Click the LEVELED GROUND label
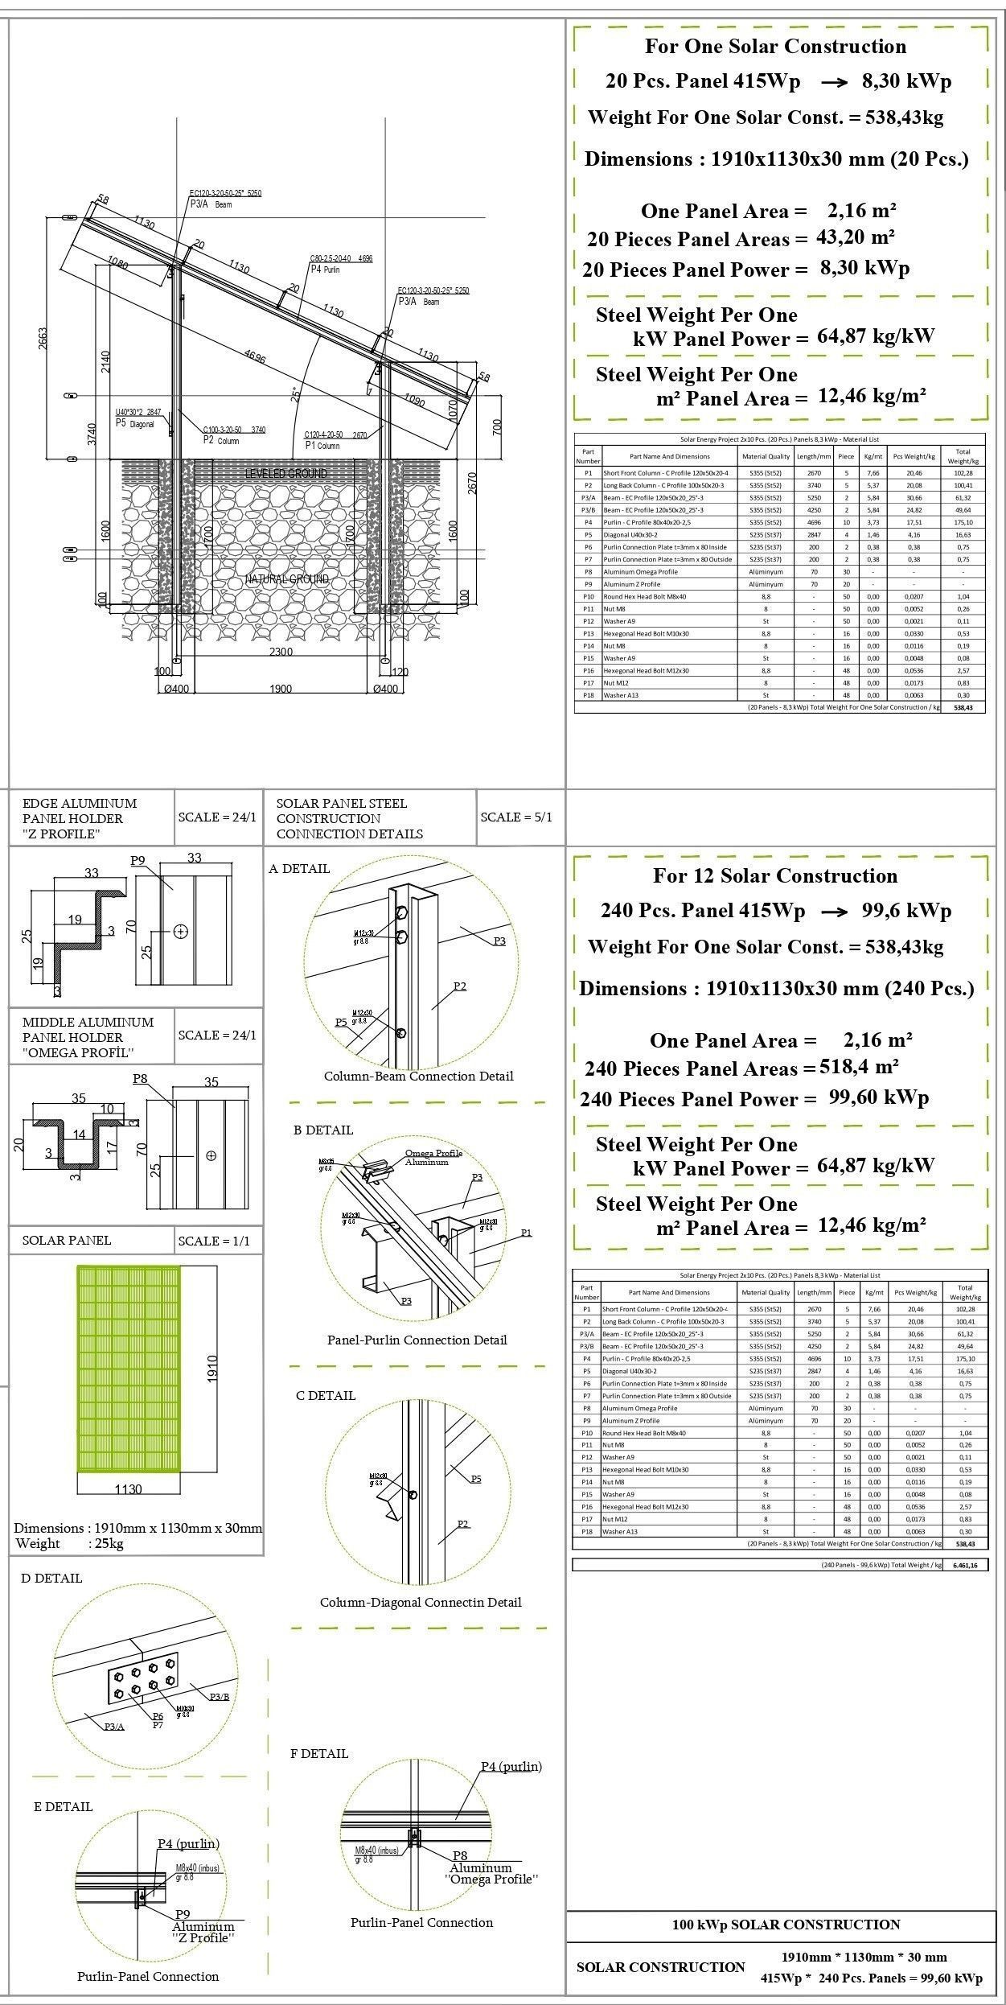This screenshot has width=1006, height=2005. (286, 473)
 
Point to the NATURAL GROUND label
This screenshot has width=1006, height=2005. (287, 579)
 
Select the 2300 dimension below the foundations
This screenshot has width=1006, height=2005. (281, 652)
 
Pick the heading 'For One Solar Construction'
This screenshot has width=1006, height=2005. (775, 47)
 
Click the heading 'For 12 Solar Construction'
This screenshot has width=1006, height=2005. (775, 876)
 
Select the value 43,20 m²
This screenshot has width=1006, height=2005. (856, 237)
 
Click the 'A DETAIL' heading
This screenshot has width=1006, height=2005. (299, 869)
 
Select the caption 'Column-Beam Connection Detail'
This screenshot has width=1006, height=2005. (418, 1077)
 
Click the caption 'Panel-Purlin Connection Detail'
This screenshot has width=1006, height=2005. (417, 1340)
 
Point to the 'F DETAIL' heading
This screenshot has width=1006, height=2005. (319, 1754)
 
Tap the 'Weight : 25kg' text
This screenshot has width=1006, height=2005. (69, 1543)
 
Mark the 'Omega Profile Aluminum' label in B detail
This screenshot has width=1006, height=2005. (433, 1158)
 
